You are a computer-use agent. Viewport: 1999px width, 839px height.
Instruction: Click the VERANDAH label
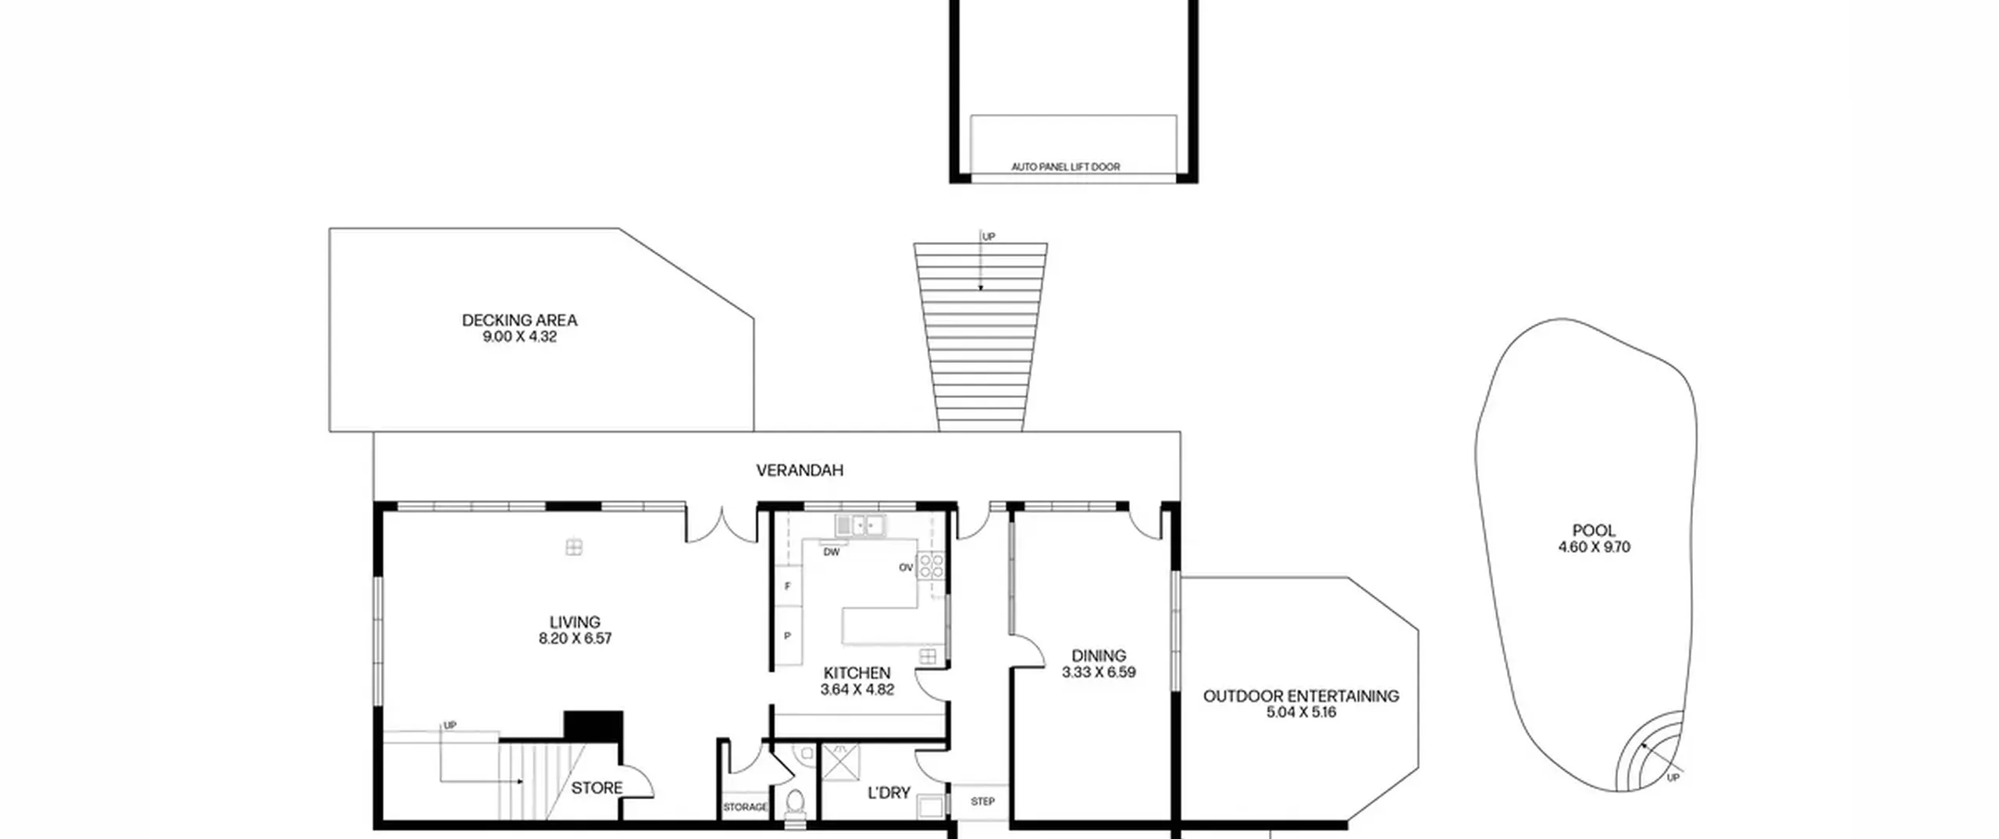800,470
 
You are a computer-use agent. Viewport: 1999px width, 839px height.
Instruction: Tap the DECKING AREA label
519,320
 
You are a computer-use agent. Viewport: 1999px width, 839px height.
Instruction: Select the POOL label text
1594,531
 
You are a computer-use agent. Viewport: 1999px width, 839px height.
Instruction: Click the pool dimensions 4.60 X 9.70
1594,547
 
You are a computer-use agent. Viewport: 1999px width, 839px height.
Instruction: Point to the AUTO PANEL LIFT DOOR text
1065,167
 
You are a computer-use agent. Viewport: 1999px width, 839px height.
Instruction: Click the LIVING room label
575,622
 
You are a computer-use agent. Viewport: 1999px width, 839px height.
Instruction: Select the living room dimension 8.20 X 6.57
575,638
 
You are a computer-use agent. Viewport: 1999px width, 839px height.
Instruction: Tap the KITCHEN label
857,673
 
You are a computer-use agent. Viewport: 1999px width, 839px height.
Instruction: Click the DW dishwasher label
832,552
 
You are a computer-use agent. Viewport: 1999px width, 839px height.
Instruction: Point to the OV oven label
906,567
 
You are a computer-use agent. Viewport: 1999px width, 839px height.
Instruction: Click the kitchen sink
860,524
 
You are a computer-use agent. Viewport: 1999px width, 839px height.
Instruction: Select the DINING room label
1099,656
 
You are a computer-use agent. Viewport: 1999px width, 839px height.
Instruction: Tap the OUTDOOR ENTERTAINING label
1301,696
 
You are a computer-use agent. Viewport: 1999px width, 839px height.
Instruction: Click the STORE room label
597,788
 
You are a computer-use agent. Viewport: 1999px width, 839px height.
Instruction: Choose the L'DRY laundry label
889,793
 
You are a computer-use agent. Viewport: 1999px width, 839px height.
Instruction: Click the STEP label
982,802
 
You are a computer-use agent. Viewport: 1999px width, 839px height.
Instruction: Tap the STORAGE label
745,807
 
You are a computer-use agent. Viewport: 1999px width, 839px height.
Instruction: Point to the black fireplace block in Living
593,726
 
